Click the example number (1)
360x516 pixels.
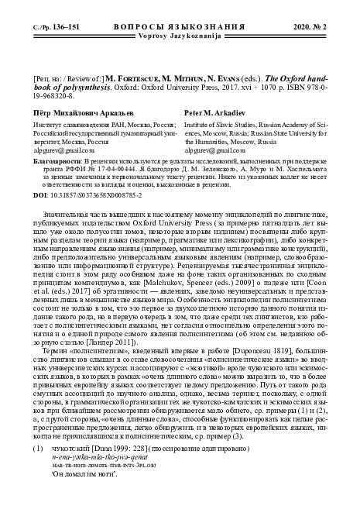pyautogui.click(x=36, y=447)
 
